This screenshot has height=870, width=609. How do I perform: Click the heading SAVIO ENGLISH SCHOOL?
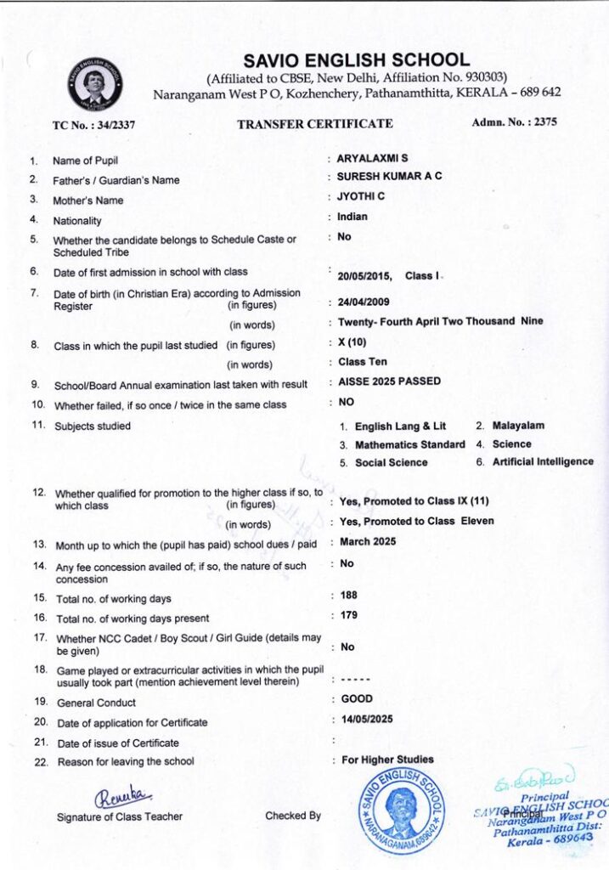(x=356, y=60)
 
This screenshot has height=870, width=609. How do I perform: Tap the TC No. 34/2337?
(x=94, y=125)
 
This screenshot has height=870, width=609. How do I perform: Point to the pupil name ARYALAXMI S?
(x=372, y=159)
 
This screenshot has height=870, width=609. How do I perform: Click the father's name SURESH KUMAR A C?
(x=389, y=177)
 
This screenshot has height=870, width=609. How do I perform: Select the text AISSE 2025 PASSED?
(x=389, y=381)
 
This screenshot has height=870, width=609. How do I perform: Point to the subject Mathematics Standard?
(x=409, y=444)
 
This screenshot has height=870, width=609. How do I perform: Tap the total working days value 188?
(x=348, y=595)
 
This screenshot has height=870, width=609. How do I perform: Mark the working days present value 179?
(x=348, y=615)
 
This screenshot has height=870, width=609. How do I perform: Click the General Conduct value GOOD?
(x=357, y=699)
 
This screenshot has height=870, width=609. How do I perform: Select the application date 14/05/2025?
(x=366, y=720)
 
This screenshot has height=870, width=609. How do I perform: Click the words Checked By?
(x=293, y=816)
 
